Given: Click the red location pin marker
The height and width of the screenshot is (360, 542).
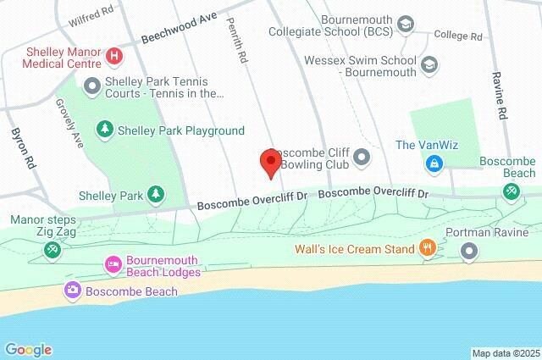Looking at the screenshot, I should [x=270, y=162].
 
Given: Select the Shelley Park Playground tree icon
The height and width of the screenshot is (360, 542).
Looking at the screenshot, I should [x=104, y=130].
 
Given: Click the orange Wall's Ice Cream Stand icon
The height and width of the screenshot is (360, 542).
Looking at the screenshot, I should [x=429, y=249].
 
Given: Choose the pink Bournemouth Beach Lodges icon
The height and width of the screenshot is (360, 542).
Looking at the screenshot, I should [x=112, y=265].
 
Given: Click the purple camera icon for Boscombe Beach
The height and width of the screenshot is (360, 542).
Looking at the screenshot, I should [x=73, y=291].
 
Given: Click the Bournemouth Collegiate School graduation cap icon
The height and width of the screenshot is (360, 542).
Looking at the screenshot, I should [x=406, y=25].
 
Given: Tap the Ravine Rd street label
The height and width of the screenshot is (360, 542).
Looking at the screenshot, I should [x=500, y=99].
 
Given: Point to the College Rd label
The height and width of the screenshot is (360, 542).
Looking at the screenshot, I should [x=457, y=36].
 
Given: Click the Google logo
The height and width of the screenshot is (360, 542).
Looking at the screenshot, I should [x=28, y=350].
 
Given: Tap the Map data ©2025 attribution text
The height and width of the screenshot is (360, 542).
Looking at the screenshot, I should [x=505, y=353].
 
